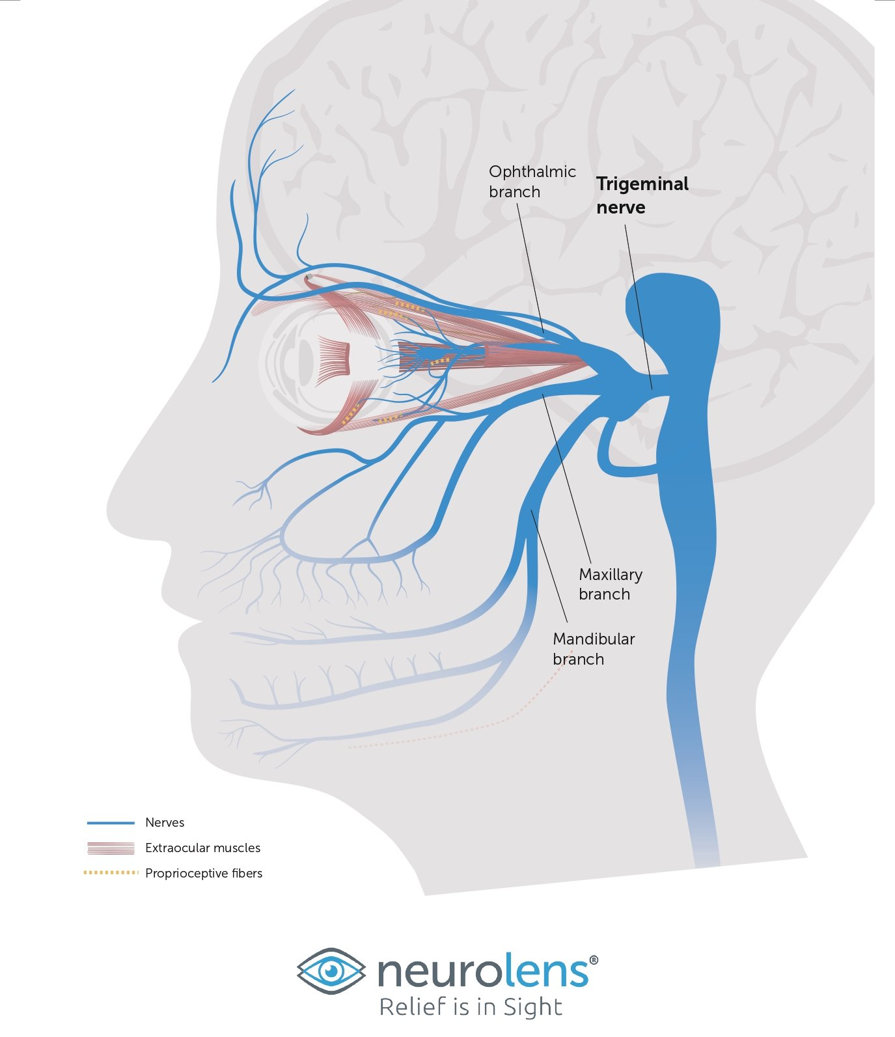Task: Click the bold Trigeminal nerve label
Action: (x=642, y=195)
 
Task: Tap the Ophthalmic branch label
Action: (x=532, y=182)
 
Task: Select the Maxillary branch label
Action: (x=610, y=584)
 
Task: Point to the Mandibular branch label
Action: (x=594, y=649)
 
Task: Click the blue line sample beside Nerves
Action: (x=111, y=823)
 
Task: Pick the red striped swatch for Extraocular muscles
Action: (x=111, y=848)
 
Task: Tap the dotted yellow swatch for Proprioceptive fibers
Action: (x=111, y=873)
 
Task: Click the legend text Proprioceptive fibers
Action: (x=204, y=874)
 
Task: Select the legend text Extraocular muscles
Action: (x=202, y=848)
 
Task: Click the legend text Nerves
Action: (x=165, y=823)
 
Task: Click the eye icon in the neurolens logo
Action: (x=331, y=971)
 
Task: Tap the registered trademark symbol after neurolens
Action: (x=593, y=960)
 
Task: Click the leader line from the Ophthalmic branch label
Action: (x=530, y=268)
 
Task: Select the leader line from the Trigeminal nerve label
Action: (x=639, y=307)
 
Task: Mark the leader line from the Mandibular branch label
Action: (x=549, y=566)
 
